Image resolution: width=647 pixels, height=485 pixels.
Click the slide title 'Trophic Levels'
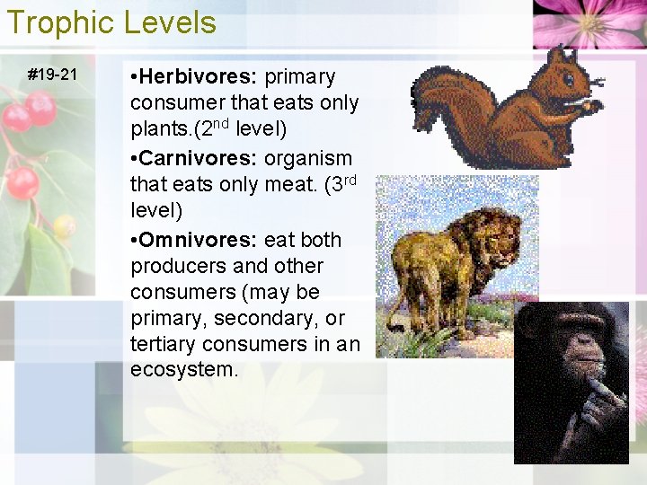tap(111, 22)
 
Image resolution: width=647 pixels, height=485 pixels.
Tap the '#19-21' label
tap(53, 75)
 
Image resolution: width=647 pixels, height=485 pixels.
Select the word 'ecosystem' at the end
tap(182, 370)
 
